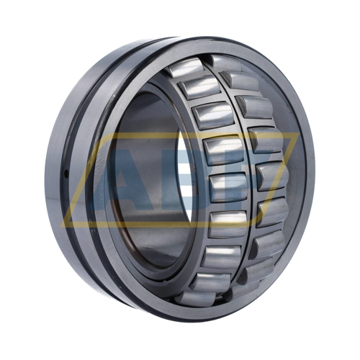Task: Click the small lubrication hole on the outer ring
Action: click(68, 174)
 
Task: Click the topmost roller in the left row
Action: click(186, 68)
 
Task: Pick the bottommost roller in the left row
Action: click(196, 298)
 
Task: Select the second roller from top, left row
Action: click(199, 87)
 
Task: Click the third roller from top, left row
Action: click(214, 116)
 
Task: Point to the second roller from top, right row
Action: click(240, 81)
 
